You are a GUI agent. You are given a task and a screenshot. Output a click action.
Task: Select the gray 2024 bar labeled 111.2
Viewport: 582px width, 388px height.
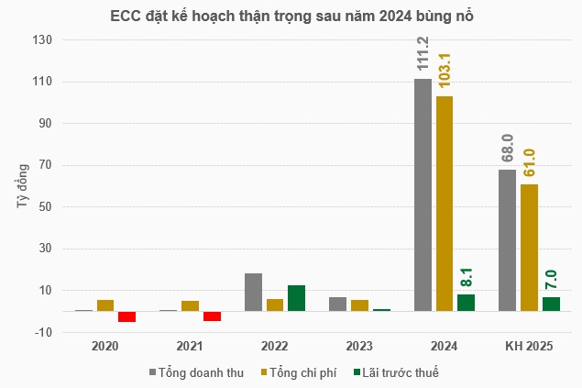tap(423, 194)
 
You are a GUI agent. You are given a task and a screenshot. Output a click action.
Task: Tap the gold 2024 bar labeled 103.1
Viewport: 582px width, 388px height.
tap(445, 203)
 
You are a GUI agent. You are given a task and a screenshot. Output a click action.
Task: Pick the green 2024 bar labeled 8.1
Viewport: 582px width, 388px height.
tap(466, 303)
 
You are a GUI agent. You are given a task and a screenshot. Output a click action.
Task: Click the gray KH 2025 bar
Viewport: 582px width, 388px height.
tap(507, 240)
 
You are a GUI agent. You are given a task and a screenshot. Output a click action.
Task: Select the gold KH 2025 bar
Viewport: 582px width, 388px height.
tap(529, 248)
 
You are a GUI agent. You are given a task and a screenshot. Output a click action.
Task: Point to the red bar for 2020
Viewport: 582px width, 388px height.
tap(126, 316)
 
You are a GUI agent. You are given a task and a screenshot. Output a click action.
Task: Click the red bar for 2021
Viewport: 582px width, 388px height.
tap(212, 316)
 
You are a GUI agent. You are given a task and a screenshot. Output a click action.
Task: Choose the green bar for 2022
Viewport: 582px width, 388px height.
tap(296, 298)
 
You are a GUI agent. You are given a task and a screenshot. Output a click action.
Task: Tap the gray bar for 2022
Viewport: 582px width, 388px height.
tap(253, 292)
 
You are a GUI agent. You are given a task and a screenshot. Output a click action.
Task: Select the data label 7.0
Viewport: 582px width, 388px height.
tap(551, 280)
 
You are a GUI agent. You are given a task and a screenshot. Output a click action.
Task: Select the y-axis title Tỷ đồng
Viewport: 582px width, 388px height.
tap(23, 186)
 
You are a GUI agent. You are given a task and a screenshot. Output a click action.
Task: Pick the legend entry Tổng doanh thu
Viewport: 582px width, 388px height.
tap(195, 372)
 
